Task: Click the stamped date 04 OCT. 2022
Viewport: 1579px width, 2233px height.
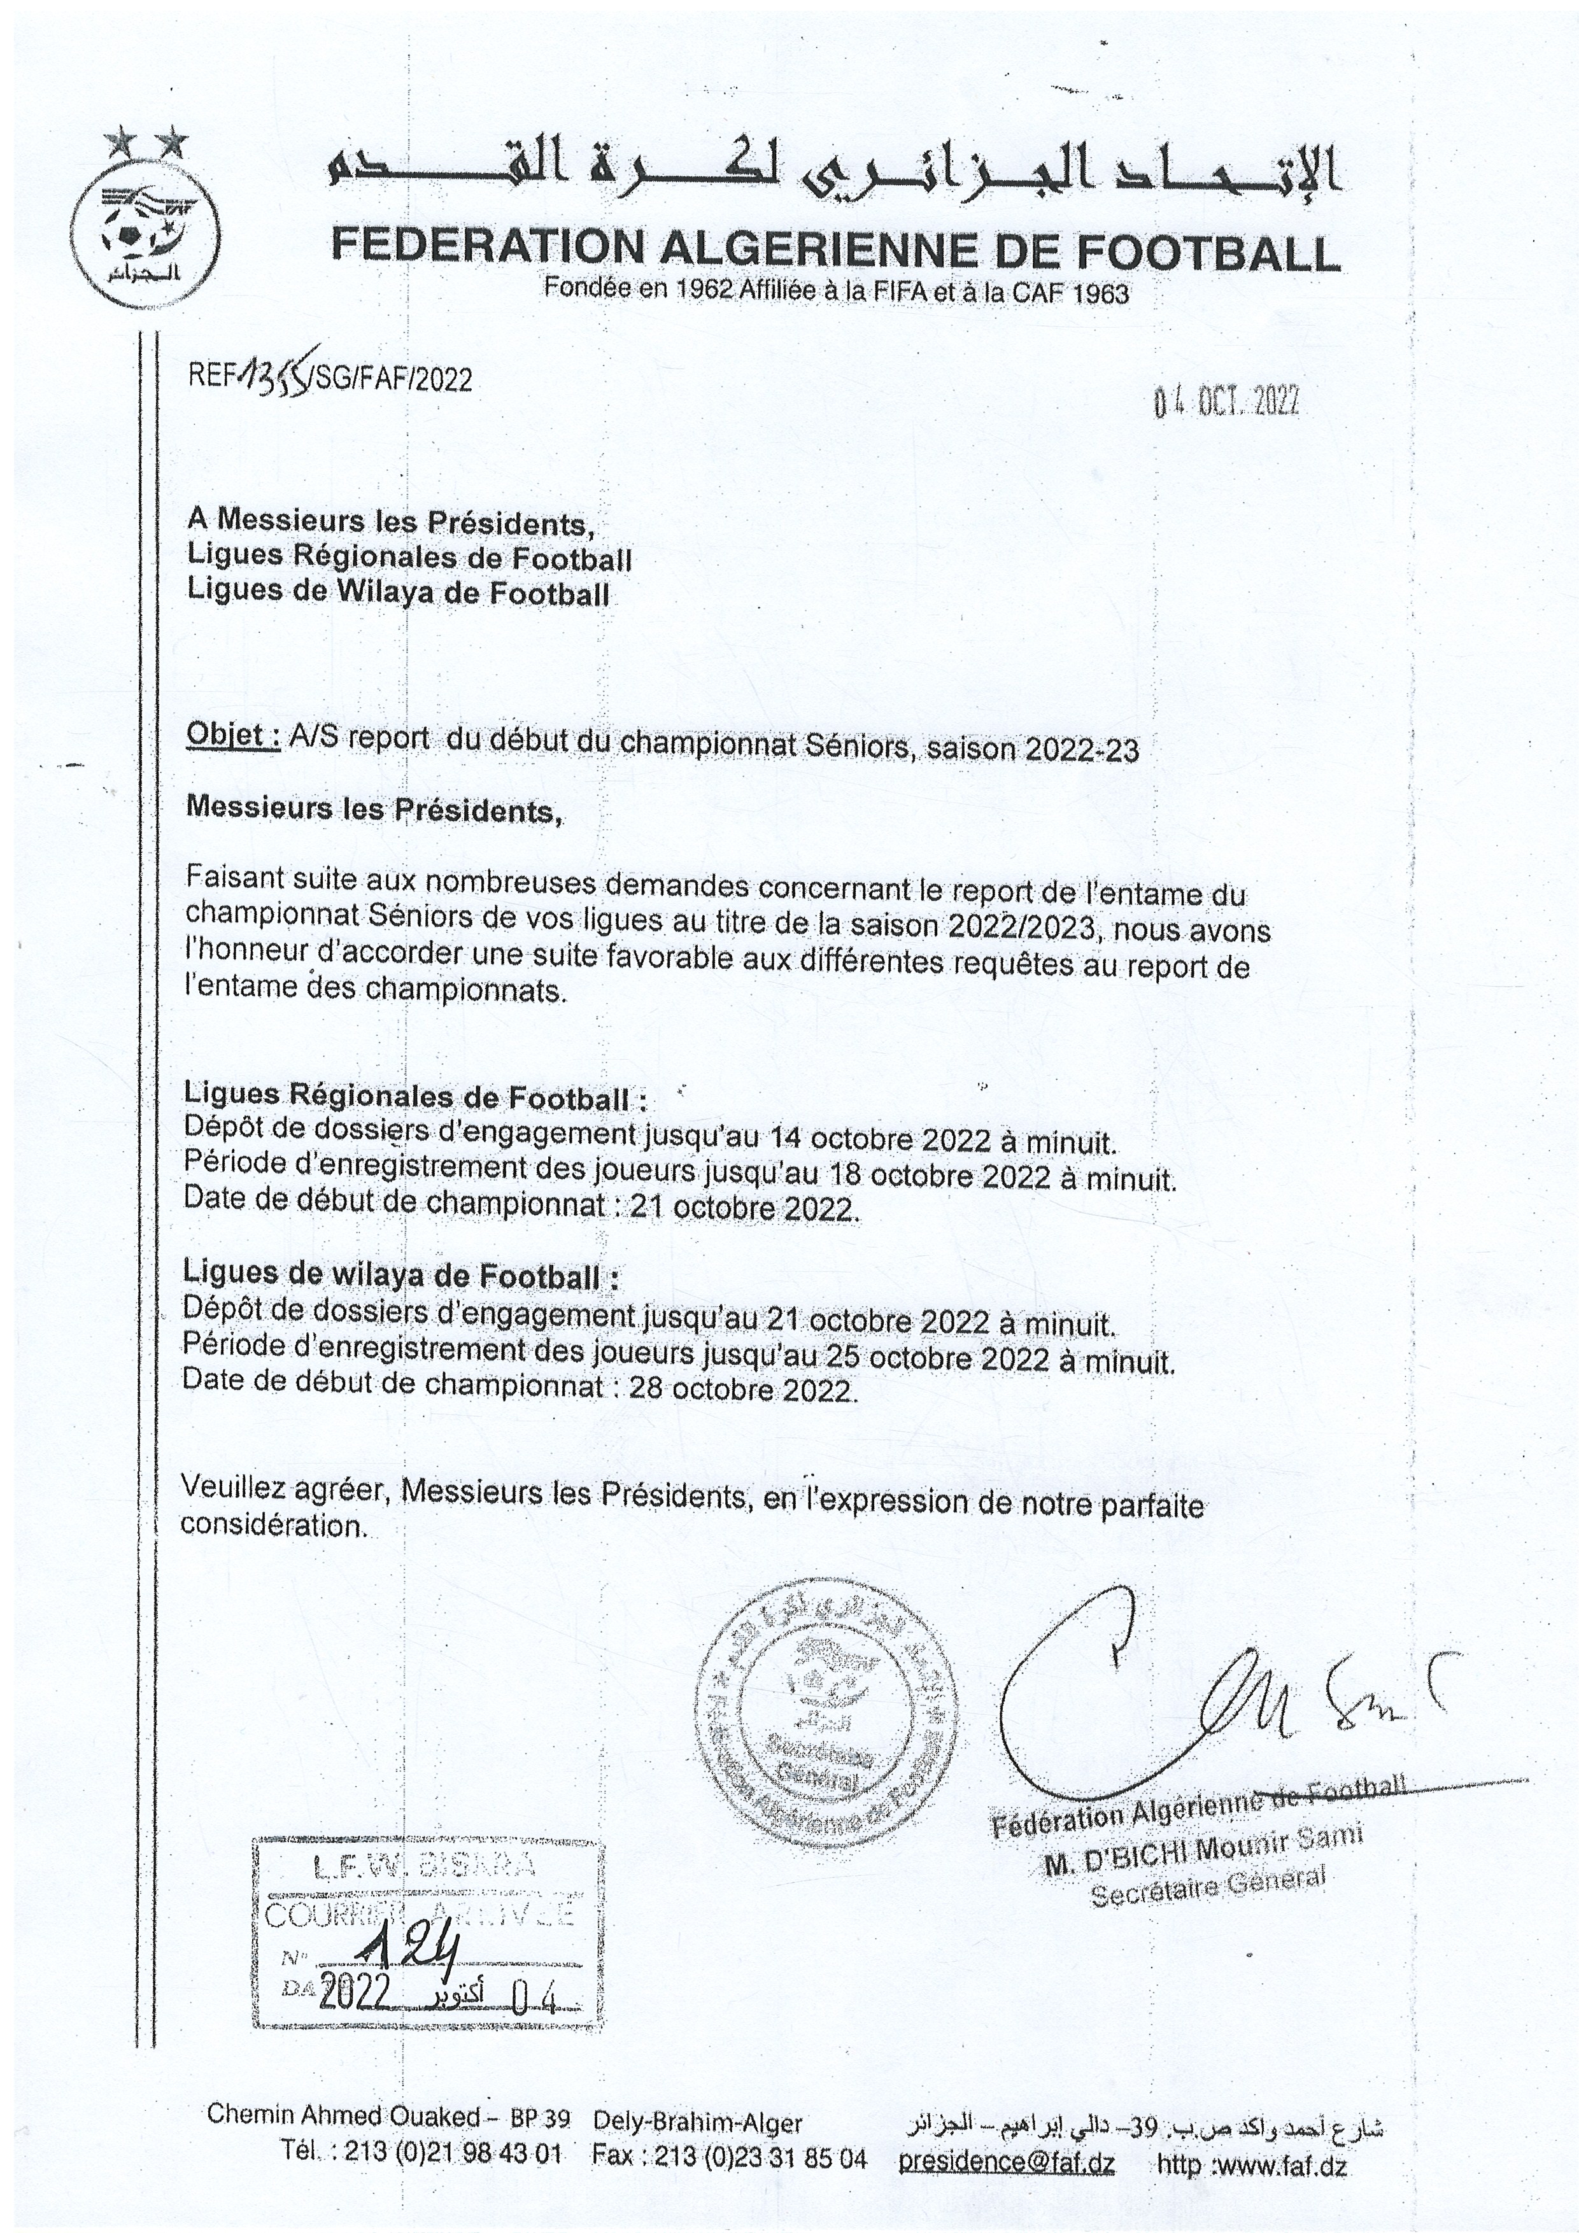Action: tap(1226, 402)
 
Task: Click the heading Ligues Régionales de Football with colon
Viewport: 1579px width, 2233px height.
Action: tap(415, 1097)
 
